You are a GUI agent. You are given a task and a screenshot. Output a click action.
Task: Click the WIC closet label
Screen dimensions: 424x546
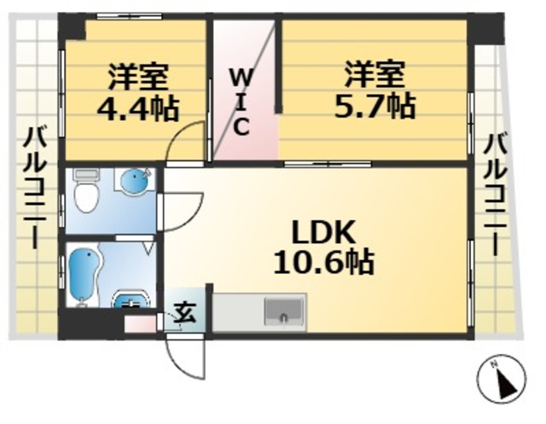point(241,102)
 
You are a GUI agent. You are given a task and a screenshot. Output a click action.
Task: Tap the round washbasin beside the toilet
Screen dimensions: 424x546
point(135,182)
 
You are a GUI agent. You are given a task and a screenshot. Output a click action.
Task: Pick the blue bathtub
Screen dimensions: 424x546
point(84,272)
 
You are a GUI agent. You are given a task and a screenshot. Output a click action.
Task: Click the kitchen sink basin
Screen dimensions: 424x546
point(282,311)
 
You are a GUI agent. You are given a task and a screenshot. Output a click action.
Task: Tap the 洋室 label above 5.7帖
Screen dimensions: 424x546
point(374,73)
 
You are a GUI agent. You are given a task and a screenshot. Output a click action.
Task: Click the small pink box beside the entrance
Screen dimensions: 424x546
point(139,324)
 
